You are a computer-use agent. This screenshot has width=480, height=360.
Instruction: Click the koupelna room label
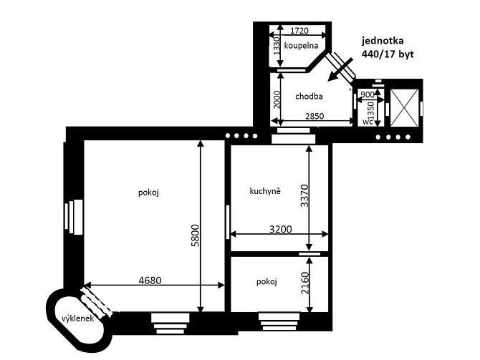(301, 46)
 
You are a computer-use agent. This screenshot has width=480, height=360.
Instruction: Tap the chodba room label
(309, 97)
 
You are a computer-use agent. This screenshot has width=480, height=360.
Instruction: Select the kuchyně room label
(265, 192)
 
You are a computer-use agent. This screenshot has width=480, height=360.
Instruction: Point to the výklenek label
(77, 318)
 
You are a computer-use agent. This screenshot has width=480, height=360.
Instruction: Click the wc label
(368, 122)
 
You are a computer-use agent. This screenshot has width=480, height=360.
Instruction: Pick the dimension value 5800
(195, 235)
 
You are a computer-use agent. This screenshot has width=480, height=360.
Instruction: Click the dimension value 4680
(150, 280)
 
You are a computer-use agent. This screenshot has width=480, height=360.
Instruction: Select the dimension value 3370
(304, 196)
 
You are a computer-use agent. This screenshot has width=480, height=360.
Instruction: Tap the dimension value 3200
(281, 229)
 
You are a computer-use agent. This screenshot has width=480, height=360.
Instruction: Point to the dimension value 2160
(305, 283)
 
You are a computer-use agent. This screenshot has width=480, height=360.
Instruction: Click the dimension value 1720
(299, 31)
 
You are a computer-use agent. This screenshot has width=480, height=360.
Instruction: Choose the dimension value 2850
(315, 116)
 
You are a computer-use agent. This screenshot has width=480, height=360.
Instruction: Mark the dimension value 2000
(277, 99)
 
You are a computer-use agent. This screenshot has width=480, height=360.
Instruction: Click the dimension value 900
(368, 94)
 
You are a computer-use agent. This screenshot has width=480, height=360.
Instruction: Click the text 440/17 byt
(388, 54)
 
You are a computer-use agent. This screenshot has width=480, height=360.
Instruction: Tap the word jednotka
(383, 41)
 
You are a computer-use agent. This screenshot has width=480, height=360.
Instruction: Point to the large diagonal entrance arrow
(340, 69)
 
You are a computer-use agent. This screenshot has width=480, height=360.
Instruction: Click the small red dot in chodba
(350, 89)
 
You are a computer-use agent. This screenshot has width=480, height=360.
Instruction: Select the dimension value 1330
(277, 46)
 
